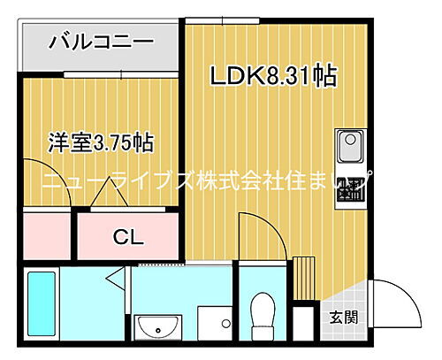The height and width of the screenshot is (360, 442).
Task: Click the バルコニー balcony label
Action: (101, 42)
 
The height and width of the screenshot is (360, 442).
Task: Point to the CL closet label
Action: (128, 237)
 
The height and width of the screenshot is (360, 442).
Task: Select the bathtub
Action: (41, 305)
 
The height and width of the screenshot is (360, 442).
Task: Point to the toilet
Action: (262, 314)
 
